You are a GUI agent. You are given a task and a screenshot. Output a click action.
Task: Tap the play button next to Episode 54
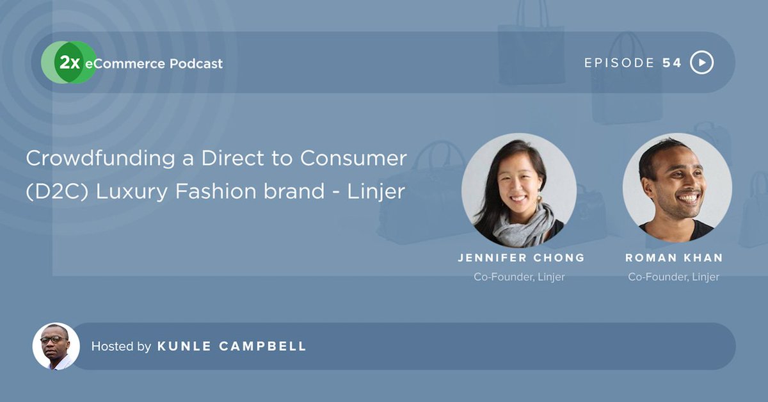tap(702, 63)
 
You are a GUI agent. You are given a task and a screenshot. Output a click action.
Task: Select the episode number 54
tap(672, 63)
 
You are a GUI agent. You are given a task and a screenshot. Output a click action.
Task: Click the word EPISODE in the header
tap(620, 63)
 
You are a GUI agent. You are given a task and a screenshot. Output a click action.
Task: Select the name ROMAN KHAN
tap(674, 258)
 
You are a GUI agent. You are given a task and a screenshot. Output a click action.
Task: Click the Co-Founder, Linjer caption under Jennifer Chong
tap(518, 277)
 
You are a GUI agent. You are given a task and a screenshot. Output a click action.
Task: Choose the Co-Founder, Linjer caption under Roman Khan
tap(673, 277)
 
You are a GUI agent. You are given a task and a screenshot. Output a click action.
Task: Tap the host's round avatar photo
tap(56, 346)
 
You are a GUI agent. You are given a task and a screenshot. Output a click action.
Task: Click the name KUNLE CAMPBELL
tap(232, 346)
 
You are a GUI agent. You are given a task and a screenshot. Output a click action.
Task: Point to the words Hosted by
tap(121, 346)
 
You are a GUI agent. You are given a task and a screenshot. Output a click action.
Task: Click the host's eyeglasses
tap(52, 339)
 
